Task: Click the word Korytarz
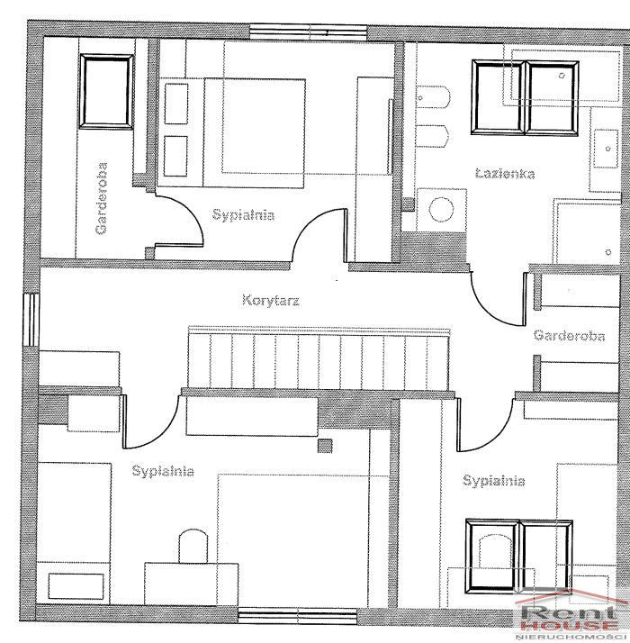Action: click(x=271, y=300)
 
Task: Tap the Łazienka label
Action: click(x=505, y=174)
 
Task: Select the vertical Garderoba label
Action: click(x=101, y=198)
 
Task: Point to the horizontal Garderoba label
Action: click(x=569, y=336)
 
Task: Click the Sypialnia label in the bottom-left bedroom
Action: click(x=163, y=471)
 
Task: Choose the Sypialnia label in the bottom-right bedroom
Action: click(x=493, y=480)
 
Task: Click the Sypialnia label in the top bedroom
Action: click(x=243, y=215)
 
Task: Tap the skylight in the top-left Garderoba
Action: click(x=106, y=92)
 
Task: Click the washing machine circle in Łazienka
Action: click(x=442, y=209)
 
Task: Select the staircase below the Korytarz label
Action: click(x=319, y=358)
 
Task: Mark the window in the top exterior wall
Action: click(x=308, y=32)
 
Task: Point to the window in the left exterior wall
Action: click(x=31, y=320)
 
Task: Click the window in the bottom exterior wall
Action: click(x=298, y=616)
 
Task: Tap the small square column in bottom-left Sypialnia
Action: click(x=325, y=446)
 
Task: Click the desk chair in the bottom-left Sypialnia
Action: click(x=193, y=546)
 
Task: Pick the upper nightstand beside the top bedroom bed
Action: click(x=176, y=104)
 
